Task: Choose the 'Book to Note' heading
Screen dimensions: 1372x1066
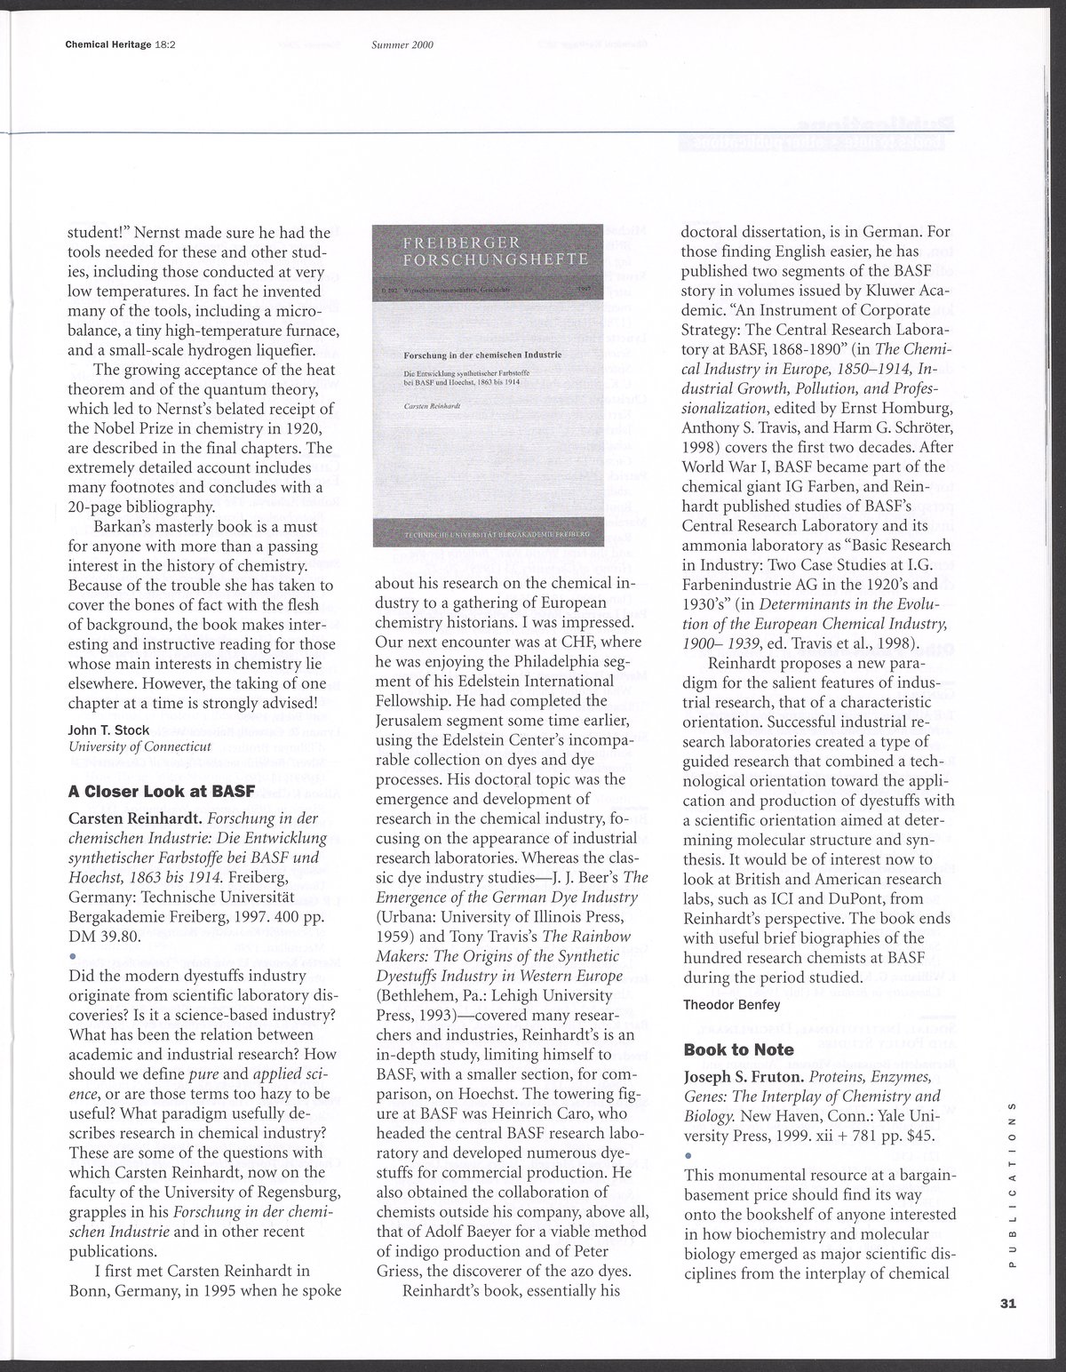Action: (738, 1049)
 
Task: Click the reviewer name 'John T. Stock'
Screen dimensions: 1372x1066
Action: (108, 730)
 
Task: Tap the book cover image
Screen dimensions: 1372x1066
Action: (487, 384)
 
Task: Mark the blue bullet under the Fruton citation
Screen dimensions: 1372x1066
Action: (688, 1153)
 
